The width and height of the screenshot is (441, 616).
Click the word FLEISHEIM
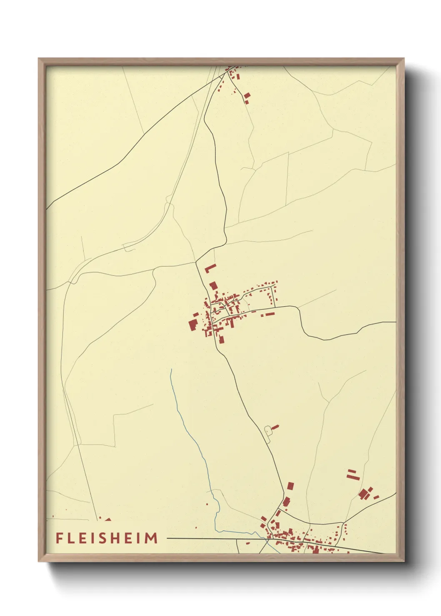(x=107, y=538)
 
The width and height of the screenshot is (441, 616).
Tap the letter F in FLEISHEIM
(x=59, y=538)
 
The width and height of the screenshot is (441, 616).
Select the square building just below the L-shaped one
(x=213, y=286)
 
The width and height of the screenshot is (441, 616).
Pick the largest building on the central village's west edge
(x=193, y=324)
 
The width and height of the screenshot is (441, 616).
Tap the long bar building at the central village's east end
(x=270, y=314)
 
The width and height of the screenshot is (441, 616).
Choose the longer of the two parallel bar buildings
(x=353, y=476)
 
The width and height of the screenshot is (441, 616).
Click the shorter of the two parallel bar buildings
(x=351, y=471)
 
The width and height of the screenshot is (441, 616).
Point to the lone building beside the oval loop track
(x=275, y=427)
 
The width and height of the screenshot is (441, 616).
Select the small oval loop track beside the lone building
(x=268, y=431)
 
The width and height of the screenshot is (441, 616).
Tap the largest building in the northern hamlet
(x=247, y=96)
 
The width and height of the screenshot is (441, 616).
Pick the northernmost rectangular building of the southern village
(x=291, y=486)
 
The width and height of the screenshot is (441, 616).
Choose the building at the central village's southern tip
(x=221, y=339)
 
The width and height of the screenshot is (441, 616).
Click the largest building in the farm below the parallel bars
(x=363, y=494)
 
